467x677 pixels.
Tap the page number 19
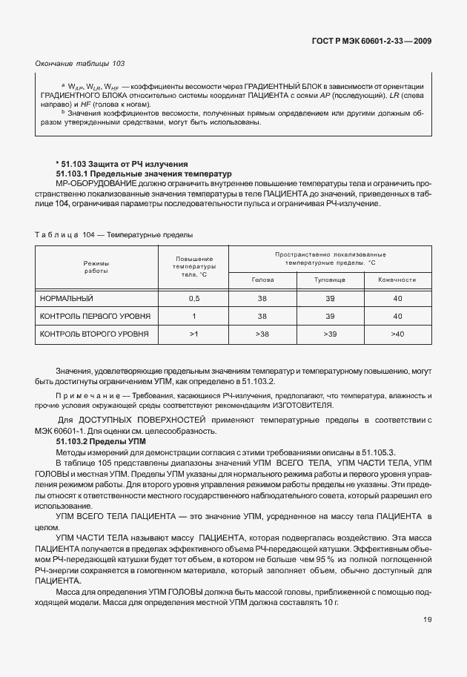428,641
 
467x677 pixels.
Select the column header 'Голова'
262,280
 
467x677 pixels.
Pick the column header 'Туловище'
330,280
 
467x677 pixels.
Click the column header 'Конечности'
397,280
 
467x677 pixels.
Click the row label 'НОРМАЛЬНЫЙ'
67,298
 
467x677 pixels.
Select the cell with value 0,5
194,298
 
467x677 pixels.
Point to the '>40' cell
397,334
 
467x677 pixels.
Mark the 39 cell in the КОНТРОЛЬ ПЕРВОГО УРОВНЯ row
330,316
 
